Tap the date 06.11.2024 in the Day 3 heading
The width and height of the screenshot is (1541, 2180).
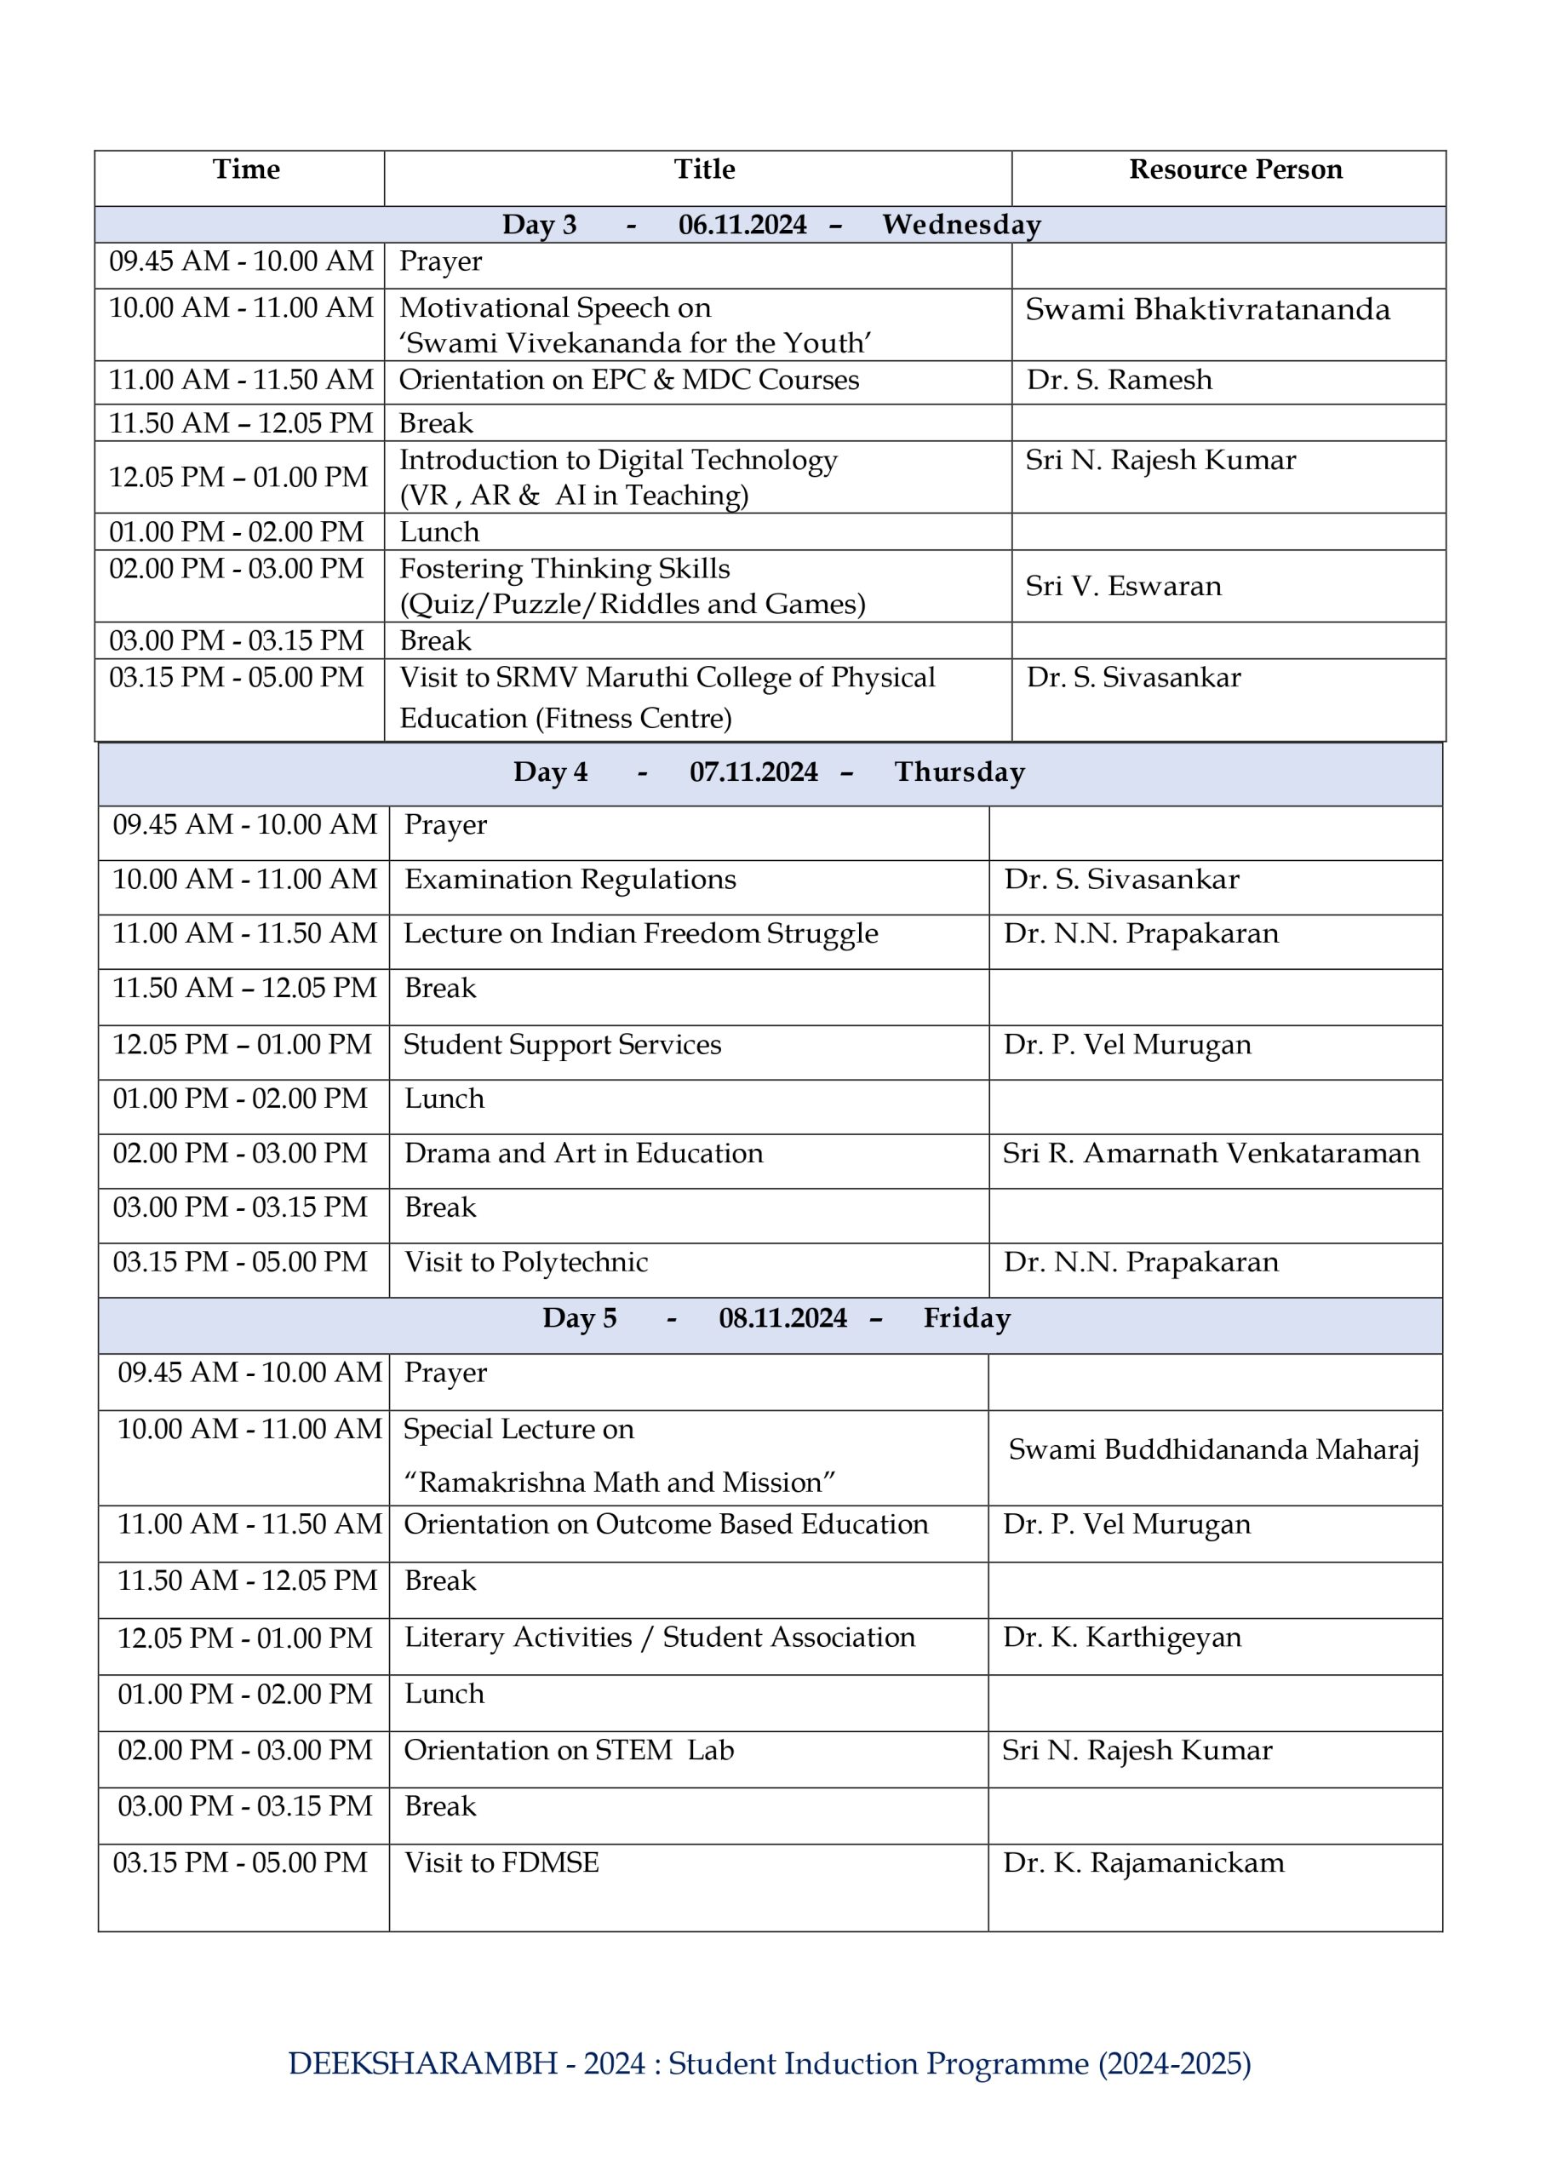point(742,225)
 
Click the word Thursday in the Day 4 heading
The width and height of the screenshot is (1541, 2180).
point(959,772)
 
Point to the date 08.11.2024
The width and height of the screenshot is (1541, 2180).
point(782,1318)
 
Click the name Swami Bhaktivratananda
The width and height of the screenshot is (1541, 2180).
point(1206,309)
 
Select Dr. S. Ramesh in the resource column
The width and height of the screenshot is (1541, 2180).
point(1119,380)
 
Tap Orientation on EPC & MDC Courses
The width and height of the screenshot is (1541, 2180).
point(628,380)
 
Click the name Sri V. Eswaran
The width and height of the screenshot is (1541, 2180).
point(1123,586)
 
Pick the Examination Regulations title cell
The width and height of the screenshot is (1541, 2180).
point(570,879)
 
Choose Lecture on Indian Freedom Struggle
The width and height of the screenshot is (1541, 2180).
point(641,933)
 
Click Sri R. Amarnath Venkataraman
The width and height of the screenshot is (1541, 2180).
point(1211,1153)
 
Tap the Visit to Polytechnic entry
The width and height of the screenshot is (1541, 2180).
point(526,1262)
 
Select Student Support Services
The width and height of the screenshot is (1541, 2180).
point(562,1044)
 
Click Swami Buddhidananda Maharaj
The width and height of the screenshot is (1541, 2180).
point(1213,1450)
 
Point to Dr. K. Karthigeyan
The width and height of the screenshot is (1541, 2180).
point(1121,1637)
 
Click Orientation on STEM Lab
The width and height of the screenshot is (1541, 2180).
point(569,1750)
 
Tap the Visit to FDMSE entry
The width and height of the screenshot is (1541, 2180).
point(501,1863)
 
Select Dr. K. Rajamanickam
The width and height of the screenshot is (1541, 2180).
point(1143,1863)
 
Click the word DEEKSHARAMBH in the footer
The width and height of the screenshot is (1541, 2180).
point(422,2063)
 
